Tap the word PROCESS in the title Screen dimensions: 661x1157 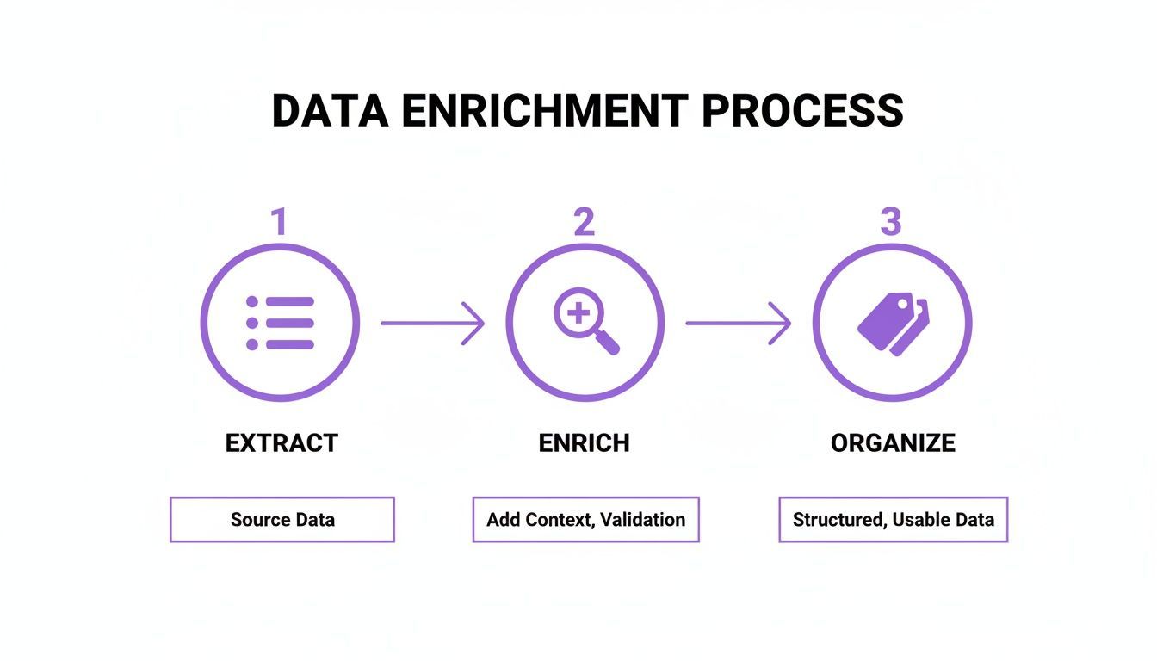point(802,111)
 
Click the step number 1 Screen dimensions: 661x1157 point(279,222)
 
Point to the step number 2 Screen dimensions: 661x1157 point(584,222)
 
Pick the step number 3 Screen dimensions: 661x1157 point(890,222)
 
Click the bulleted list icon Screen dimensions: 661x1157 point(281,323)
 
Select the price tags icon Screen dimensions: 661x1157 point(893,323)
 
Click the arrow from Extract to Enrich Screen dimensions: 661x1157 point(432,324)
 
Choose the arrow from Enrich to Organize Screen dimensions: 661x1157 point(738,324)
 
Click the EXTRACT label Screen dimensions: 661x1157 point(282,443)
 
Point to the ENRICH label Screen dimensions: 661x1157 point(585,443)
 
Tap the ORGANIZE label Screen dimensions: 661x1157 point(893,443)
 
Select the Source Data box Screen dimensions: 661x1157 point(282,520)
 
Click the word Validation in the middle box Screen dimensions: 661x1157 point(642,520)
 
